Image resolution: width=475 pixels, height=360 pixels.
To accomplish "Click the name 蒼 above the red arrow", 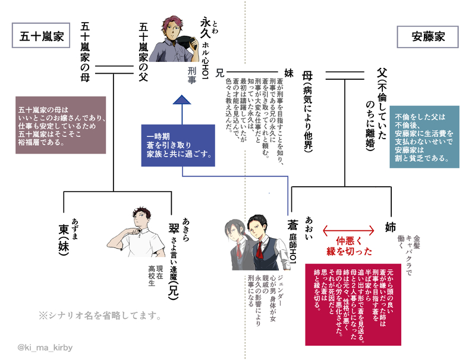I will (x=292, y=227).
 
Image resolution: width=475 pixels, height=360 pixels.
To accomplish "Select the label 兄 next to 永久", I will (x=220, y=73).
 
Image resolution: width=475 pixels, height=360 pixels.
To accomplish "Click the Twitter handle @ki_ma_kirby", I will (x=45, y=347).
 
